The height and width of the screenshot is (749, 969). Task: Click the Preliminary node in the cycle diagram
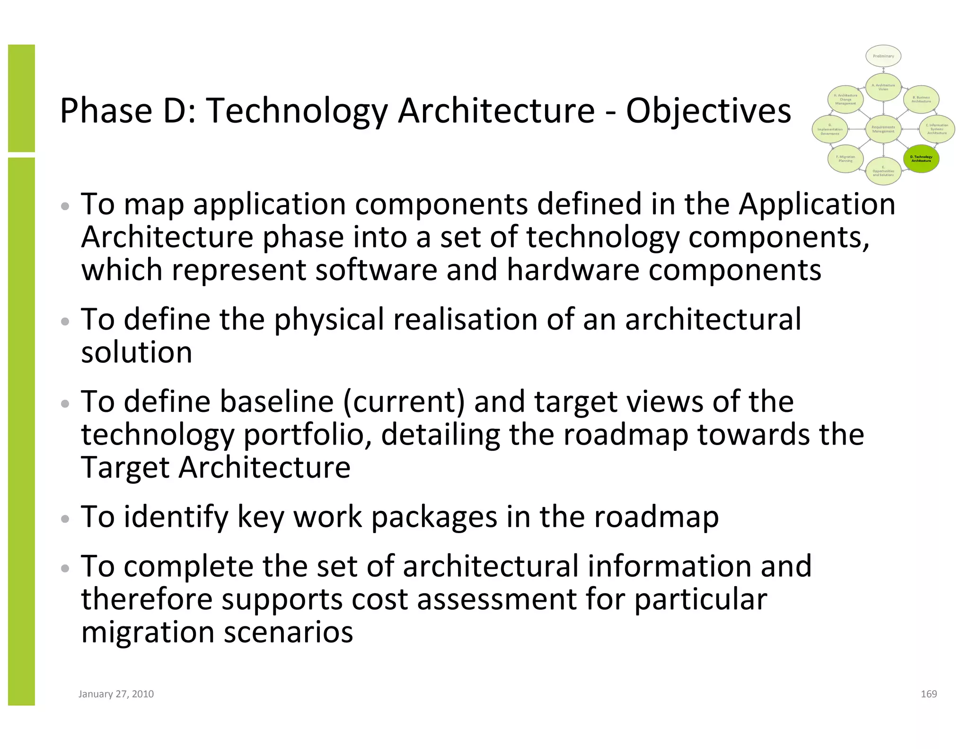tap(883, 56)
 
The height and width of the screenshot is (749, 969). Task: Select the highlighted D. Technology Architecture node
tap(921, 159)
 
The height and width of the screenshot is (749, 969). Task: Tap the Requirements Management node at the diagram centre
tap(883, 129)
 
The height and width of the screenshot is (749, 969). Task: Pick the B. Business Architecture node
tap(921, 99)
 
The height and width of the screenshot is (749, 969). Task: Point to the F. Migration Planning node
tap(845, 159)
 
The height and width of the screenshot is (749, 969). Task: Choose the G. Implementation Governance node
tap(829, 129)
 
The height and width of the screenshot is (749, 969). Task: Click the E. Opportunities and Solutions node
tap(883, 171)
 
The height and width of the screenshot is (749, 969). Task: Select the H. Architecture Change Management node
tap(845, 99)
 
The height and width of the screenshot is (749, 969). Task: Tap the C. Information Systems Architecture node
tap(936, 129)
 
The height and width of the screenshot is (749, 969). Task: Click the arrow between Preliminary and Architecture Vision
tap(883, 70)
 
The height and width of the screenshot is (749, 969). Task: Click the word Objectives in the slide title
tap(708, 112)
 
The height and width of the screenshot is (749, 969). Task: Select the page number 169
tap(928, 694)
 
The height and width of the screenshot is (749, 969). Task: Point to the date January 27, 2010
tap(116, 694)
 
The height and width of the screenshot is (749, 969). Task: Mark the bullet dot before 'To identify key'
tap(65, 519)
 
